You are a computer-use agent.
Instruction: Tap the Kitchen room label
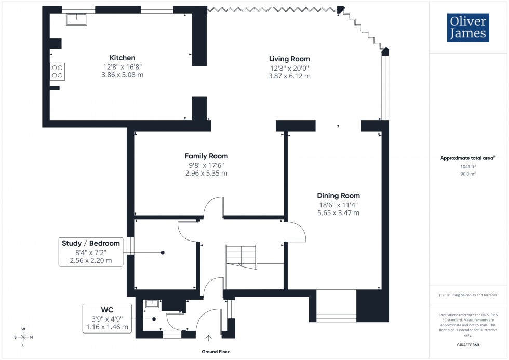point(122,58)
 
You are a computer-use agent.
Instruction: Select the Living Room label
point(289,59)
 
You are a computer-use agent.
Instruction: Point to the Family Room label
point(206,156)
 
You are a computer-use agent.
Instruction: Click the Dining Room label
point(338,196)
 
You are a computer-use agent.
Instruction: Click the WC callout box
point(107,318)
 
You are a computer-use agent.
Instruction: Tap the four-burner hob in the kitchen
point(57,72)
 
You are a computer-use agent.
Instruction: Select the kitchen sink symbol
point(76,19)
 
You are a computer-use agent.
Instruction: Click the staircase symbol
point(241,257)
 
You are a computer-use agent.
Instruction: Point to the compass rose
point(23,337)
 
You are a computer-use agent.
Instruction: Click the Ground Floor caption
point(216,352)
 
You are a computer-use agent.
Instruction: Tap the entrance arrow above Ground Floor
point(209,339)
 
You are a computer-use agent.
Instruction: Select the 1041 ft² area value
point(468,167)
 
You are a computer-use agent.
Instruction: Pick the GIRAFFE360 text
point(468,345)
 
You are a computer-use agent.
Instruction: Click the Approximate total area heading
point(467,158)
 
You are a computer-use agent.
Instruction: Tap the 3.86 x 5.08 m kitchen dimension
point(122,75)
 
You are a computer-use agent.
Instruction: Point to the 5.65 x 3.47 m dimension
point(338,213)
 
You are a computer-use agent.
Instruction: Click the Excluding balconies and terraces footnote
point(468,295)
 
